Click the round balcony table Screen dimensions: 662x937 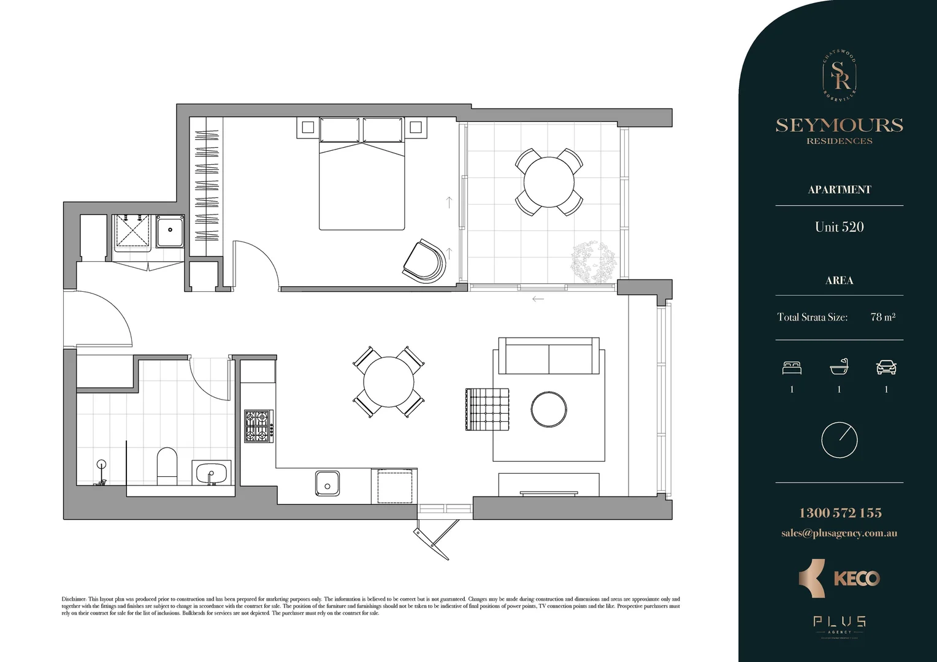point(548,182)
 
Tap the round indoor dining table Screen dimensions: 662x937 point(388,381)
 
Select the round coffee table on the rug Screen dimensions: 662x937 point(549,409)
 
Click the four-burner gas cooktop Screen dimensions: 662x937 point(258,426)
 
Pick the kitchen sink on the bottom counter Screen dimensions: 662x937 point(327,483)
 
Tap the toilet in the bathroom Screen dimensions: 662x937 point(167,466)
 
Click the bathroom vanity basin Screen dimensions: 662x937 point(212,473)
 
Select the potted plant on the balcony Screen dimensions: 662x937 point(593,262)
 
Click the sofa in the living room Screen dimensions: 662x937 point(548,356)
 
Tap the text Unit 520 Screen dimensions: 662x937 point(839,227)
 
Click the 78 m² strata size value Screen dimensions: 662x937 point(882,317)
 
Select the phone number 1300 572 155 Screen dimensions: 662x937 point(839,513)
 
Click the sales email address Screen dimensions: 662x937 point(839,533)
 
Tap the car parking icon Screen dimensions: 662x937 point(886,367)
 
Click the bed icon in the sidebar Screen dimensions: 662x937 point(792,367)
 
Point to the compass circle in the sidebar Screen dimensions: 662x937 point(839,439)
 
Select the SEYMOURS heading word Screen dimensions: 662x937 point(839,125)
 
